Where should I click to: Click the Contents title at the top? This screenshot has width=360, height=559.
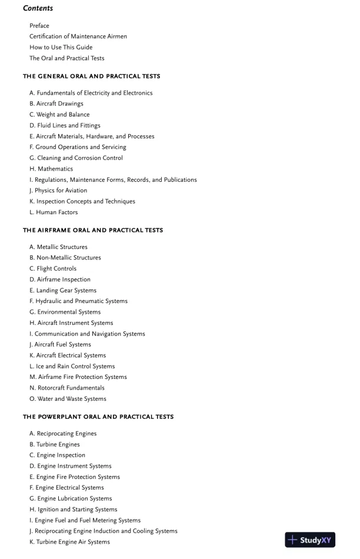pyautogui.click(x=38, y=8)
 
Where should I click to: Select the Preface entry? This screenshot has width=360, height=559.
pyautogui.click(x=39, y=26)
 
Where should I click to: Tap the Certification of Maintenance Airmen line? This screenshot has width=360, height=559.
pyautogui.click(x=78, y=36)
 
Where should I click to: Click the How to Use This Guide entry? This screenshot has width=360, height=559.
pyautogui.click(x=61, y=47)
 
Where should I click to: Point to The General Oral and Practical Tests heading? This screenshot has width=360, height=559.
pyautogui.click(x=91, y=76)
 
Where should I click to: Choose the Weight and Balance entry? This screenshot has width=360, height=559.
pyautogui.click(x=59, y=115)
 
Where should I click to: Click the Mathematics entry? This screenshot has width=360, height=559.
pyautogui.click(x=51, y=169)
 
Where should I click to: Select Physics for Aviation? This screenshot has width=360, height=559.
pyautogui.click(x=58, y=191)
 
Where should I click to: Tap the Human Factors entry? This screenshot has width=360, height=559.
pyautogui.click(x=54, y=212)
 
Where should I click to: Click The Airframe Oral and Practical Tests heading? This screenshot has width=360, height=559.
pyautogui.click(x=93, y=230)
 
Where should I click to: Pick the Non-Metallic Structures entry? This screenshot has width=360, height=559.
pyautogui.click(x=65, y=258)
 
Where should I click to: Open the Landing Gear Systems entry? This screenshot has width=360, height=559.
pyautogui.click(x=63, y=291)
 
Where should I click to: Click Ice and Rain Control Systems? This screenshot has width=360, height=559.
pyautogui.click(x=72, y=367)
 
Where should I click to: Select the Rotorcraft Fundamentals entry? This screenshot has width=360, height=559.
pyautogui.click(x=67, y=388)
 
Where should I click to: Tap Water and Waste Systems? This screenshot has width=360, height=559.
pyautogui.click(x=68, y=399)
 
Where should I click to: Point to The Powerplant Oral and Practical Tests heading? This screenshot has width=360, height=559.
pyautogui.click(x=98, y=417)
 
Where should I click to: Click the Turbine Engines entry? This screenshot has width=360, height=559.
pyautogui.click(x=55, y=445)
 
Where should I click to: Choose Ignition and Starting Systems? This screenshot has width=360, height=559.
pyautogui.click(x=74, y=510)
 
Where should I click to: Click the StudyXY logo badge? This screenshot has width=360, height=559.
pyautogui.click(x=310, y=540)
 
